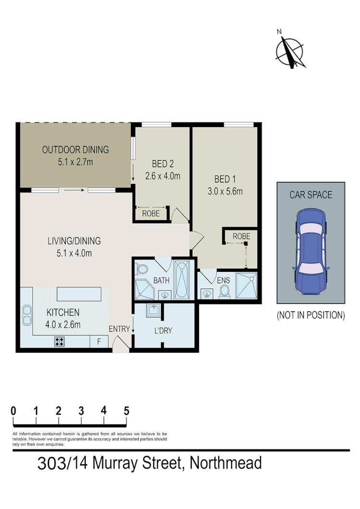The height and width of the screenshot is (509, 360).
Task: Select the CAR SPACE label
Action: pyautogui.click(x=310, y=195)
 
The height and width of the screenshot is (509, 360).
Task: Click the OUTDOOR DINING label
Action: pyautogui.click(x=75, y=149)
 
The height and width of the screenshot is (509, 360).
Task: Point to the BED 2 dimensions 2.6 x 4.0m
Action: pyautogui.click(x=162, y=176)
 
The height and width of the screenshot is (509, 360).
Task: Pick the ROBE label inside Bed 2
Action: pyautogui.click(x=151, y=214)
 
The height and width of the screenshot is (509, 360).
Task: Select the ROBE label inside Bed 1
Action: pyautogui.click(x=241, y=236)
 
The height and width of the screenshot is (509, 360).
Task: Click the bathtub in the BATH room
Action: pyautogui.click(x=182, y=280)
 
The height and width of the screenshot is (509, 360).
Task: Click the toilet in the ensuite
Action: pyautogui.click(x=224, y=291)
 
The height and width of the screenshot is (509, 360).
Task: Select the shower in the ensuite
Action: pyautogui.click(x=246, y=286)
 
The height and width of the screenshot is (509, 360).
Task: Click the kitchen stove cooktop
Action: pyautogui.click(x=60, y=341)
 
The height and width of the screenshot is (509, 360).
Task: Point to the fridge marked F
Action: pyautogui.click(x=99, y=342)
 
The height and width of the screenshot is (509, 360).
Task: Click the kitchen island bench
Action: pyautogui.click(x=79, y=293)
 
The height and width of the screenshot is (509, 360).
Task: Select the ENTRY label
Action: pyautogui.click(x=119, y=329)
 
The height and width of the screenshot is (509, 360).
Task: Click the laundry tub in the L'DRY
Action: pyautogui.click(x=154, y=311)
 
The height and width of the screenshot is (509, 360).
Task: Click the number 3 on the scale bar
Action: pyautogui.click(x=81, y=411)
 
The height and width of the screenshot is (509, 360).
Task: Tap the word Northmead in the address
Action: pyautogui.click(x=226, y=463)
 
